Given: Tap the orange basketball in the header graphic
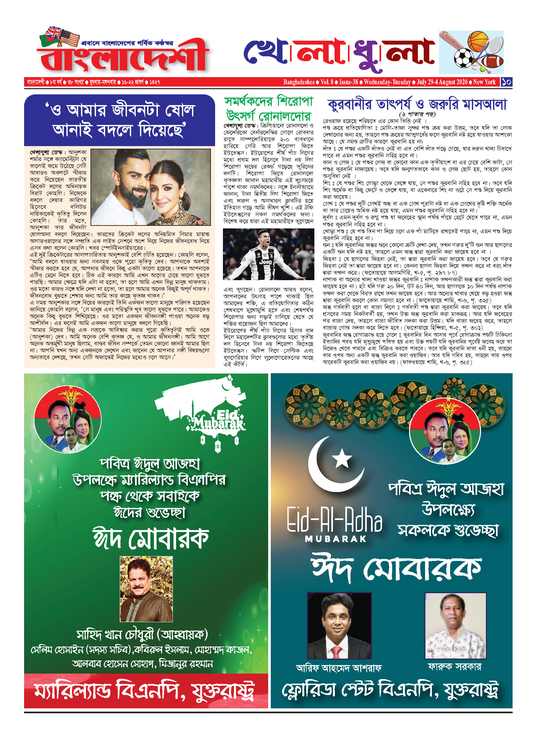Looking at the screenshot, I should point(478,40).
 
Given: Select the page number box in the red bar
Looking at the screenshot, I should point(506,82).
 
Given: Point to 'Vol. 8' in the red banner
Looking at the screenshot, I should point(327,82).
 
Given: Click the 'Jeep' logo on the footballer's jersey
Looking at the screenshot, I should point(266,262).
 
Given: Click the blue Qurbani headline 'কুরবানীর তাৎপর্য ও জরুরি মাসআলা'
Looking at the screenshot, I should point(417,104).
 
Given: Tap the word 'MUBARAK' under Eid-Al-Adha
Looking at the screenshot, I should point(336,539).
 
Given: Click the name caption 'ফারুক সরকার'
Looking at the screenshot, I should point(454,666).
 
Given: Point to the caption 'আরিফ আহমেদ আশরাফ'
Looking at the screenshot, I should point(338,668).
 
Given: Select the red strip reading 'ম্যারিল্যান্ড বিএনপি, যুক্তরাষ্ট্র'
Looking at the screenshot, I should point(146,691).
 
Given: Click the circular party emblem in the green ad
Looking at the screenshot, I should point(68,419).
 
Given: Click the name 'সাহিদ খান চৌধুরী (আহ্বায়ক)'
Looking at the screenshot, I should point(142,634).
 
